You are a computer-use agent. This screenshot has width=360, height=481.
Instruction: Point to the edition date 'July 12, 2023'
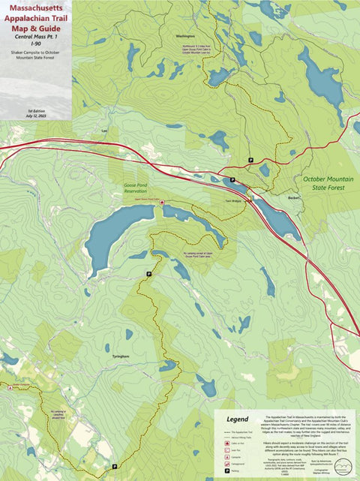click(x=36, y=115)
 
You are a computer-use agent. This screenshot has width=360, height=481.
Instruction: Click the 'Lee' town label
click(x=105, y=131)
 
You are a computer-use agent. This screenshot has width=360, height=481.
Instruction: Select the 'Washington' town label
click(x=184, y=36)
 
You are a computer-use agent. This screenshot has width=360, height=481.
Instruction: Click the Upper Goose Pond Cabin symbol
click(x=161, y=203)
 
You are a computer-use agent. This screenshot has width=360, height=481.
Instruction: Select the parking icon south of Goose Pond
click(x=149, y=274)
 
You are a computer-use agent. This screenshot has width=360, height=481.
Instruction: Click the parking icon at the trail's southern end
click(x=115, y=467)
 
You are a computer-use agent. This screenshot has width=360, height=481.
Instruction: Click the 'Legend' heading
click(x=236, y=419)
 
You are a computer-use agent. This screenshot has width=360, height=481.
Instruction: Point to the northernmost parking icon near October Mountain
click(x=250, y=160)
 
